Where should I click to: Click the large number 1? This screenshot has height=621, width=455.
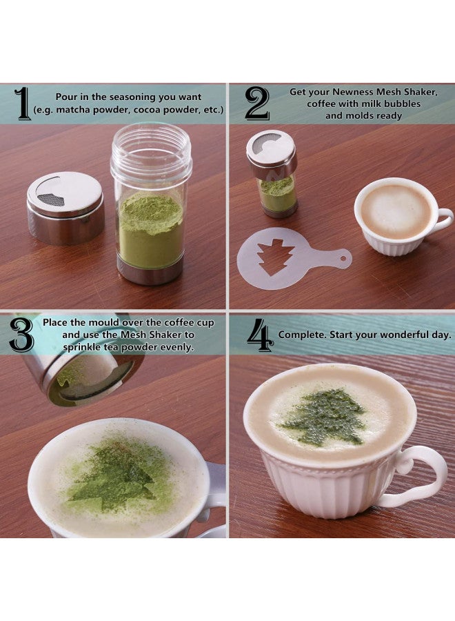(x=23, y=104)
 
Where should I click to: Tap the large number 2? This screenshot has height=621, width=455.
(x=257, y=103)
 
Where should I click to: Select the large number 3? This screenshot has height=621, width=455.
(x=21, y=335)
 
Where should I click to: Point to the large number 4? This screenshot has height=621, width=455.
(x=260, y=335)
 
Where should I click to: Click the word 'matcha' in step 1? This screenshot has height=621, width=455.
(x=71, y=110)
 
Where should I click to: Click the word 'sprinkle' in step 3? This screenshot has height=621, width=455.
(x=81, y=348)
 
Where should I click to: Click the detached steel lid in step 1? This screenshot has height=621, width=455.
(x=65, y=208)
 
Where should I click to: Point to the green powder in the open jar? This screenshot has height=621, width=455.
(x=151, y=230)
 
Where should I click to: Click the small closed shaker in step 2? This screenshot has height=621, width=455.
(x=272, y=173)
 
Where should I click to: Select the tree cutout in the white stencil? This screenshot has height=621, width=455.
(x=276, y=256)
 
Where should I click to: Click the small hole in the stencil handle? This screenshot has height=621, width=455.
(x=343, y=259)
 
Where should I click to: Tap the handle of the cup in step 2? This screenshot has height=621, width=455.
(x=443, y=220)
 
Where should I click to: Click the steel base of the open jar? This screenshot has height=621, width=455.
(x=150, y=273)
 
